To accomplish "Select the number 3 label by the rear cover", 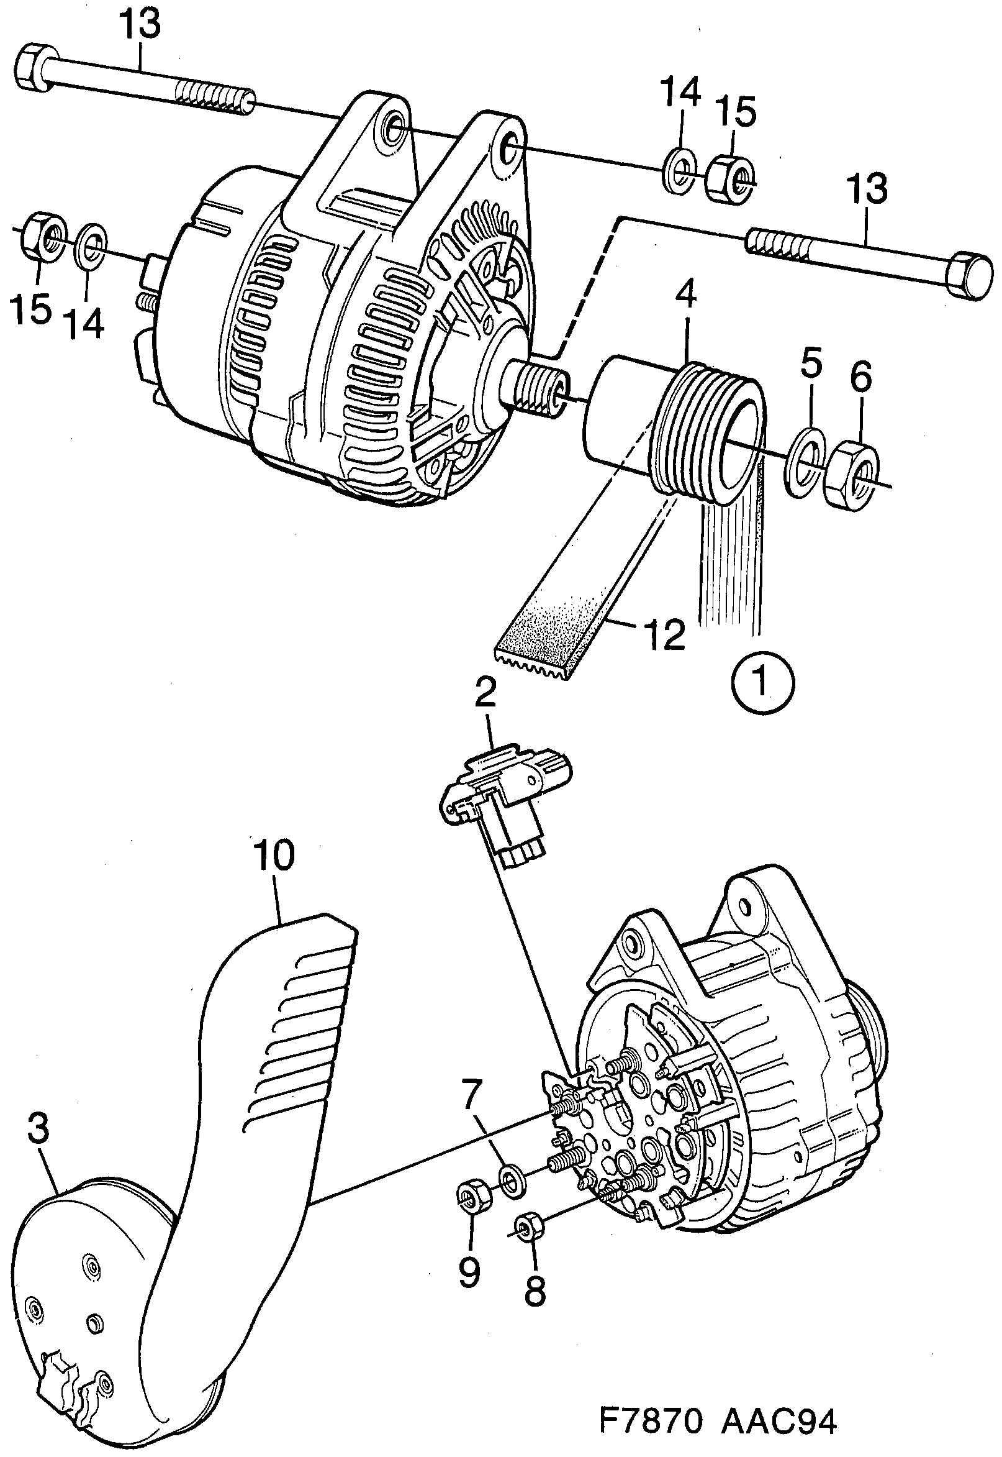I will (38, 1128).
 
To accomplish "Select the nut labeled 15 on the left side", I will (42, 235).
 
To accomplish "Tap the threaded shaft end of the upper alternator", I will (540, 391).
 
